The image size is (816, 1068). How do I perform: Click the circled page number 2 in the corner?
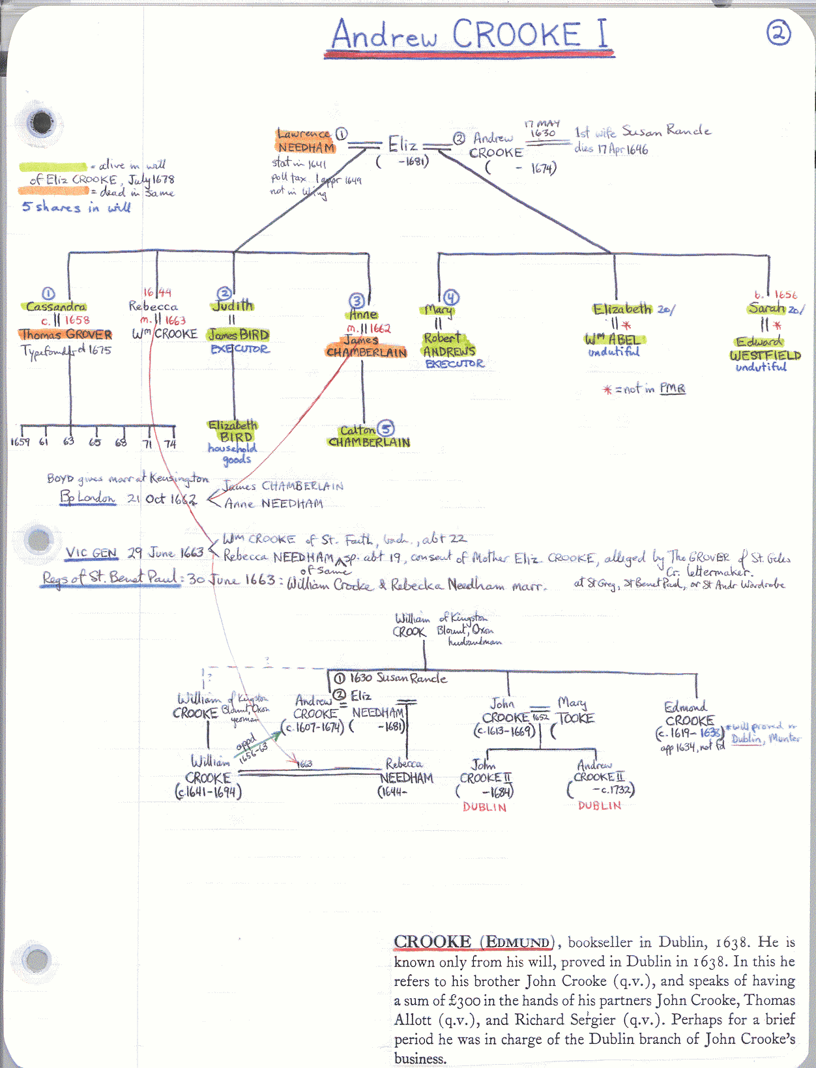(x=778, y=32)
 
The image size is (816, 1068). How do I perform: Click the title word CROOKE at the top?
(x=516, y=35)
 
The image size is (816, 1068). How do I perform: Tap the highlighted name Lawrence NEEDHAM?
(x=306, y=141)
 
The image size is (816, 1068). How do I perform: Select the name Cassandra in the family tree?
(x=56, y=306)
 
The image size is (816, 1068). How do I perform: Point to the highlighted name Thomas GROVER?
(x=65, y=335)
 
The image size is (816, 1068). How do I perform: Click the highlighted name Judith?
(x=233, y=306)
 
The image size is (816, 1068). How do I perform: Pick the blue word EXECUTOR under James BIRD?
(x=239, y=349)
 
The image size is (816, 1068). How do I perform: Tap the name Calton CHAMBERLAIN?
(x=369, y=436)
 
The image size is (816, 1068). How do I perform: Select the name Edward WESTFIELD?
(x=765, y=349)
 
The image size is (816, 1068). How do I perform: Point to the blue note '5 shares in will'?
(x=76, y=207)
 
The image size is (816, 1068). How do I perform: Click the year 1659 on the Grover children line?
(x=20, y=442)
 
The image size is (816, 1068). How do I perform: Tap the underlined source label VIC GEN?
(x=91, y=553)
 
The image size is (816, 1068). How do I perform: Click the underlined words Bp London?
(x=88, y=498)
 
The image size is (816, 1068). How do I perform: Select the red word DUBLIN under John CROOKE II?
(x=484, y=807)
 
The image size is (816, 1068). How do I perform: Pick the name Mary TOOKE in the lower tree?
(x=575, y=711)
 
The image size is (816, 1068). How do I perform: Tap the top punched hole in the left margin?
(x=42, y=122)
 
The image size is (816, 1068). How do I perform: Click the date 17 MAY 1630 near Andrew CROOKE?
(x=542, y=128)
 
